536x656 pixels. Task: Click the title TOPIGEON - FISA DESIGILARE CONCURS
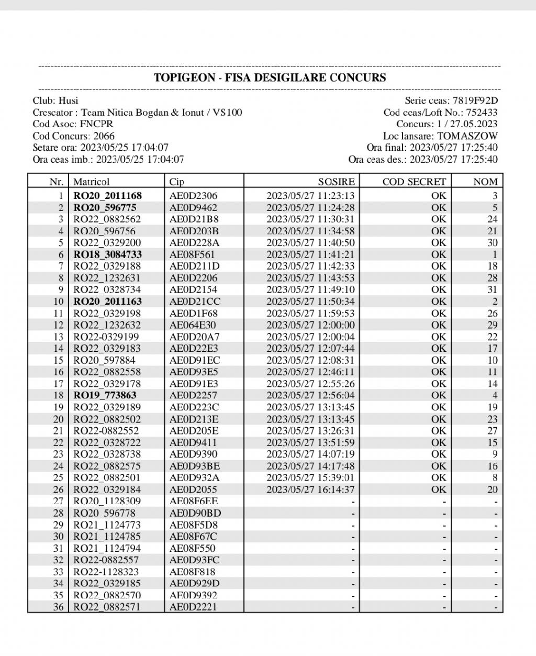click(270, 78)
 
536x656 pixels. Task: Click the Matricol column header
click(92, 182)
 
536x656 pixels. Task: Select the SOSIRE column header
click(336, 182)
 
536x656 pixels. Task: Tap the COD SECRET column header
click(414, 182)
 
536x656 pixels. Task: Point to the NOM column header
click(485, 182)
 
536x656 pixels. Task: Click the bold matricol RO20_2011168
click(107, 196)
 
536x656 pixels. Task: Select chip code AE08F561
click(192, 254)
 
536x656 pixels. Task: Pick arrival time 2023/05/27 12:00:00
click(310, 325)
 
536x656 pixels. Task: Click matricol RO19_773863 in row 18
click(105, 395)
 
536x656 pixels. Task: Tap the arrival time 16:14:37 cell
click(310, 490)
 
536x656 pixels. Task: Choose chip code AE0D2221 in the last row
click(193, 607)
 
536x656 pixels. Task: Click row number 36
click(58, 607)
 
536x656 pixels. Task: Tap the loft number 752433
click(482, 112)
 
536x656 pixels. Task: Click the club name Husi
click(68, 101)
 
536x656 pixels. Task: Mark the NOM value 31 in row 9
click(492, 290)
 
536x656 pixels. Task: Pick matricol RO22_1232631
click(107, 278)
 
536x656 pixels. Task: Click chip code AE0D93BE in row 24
click(194, 466)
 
